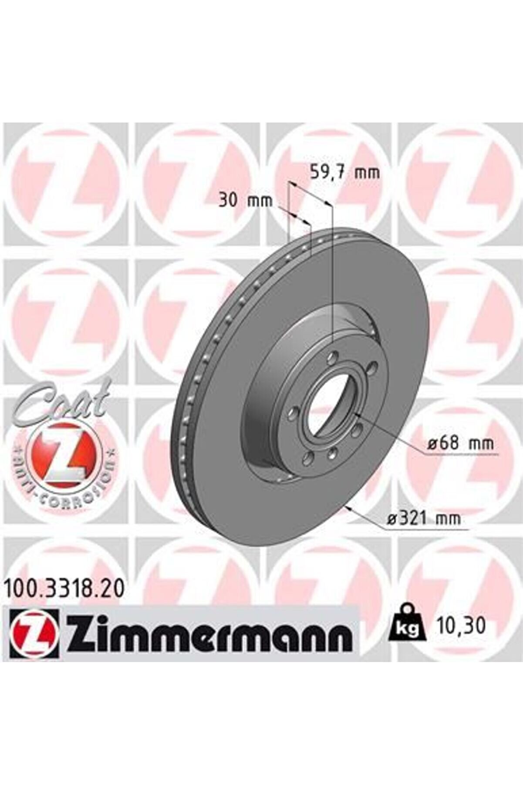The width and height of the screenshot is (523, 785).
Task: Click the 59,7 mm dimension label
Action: (x=344, y=172)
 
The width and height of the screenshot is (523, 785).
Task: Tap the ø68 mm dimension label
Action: (x=461, y=444)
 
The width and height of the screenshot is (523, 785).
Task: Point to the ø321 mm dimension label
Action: (x=423, y=519)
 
